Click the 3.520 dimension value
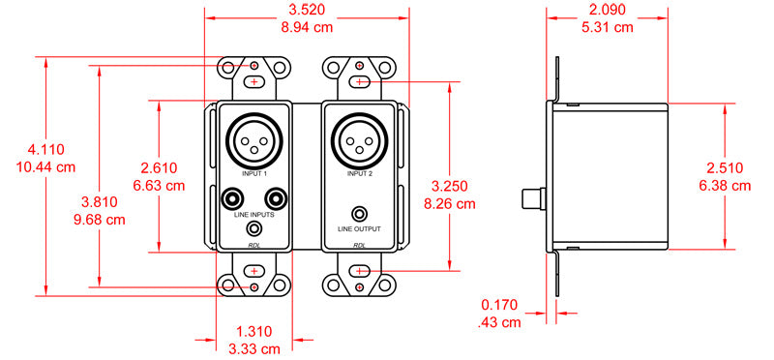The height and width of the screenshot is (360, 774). [307, 10]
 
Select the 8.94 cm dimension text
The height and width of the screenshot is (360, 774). [307, 27]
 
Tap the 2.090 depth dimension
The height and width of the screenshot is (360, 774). [607, 10]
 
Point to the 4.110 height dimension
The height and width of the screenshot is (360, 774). [45, 149]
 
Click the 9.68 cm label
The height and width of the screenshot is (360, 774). [100, 220]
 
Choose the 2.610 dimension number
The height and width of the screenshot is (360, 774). [159, 167]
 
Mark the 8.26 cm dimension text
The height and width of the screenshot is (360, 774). [450, 203]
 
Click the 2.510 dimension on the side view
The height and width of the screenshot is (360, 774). [725, 167]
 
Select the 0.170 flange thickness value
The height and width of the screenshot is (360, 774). [499, 305]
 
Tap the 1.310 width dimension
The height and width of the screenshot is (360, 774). [253, 331]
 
